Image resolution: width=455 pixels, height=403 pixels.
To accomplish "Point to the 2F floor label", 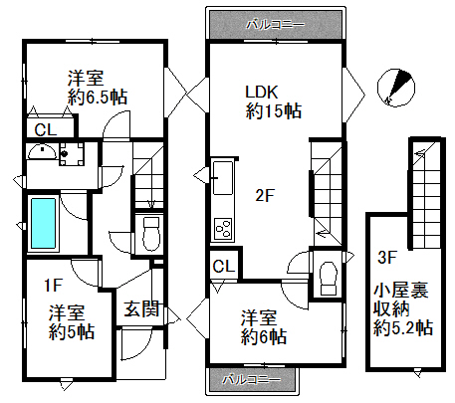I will (263, 196).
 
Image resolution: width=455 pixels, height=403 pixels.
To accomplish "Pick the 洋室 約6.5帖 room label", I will (97, 88).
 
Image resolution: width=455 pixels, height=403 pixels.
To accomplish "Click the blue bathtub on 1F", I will (43, 224).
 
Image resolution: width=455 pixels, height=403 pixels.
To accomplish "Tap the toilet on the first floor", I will (150, 234).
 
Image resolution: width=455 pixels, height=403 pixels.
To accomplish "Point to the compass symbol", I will (398, 87).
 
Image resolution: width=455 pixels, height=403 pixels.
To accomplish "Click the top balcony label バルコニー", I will (275, 22).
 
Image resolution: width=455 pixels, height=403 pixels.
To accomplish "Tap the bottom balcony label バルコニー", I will (253, 379).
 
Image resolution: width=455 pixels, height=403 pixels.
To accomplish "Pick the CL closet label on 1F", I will (46, 129).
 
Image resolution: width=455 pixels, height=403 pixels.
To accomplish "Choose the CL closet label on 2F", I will (223, 266).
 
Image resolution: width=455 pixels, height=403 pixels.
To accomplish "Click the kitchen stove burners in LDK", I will (221, 232).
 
